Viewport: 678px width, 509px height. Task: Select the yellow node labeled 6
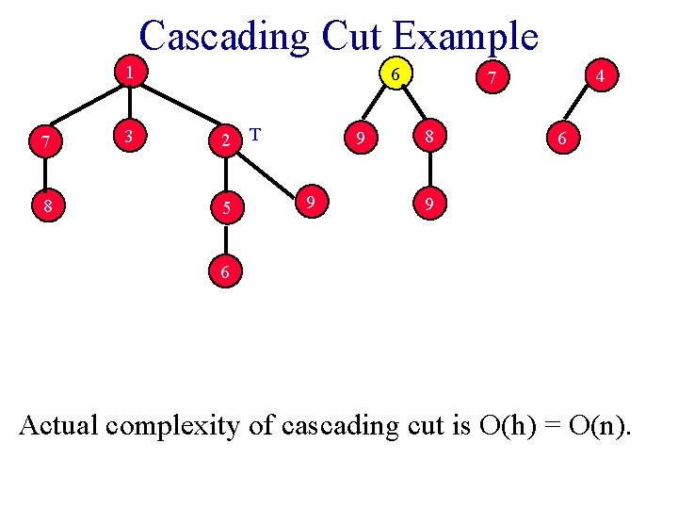[397, 74]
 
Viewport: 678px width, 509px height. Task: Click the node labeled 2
[225, 140]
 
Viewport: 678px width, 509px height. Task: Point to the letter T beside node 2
[255, 134]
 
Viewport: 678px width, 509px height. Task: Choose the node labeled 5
[225, 208]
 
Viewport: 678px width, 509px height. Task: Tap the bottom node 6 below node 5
[225, 271]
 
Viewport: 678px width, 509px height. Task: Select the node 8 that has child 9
[429, 138]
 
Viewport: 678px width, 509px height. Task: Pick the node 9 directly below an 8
[429, 202]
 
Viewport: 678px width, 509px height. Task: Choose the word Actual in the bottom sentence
[58, 426]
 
